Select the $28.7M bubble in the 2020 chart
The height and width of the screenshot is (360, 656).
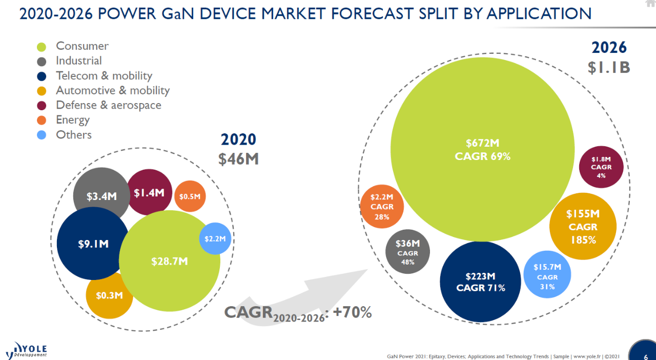tap(170, 262)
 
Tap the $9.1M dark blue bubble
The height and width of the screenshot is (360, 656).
tap(92, 244)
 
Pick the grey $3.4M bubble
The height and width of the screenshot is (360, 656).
tap(100, 195)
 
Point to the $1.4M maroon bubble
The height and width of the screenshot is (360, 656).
tap(149, 192)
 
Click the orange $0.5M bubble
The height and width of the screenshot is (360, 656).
tap(190, 196)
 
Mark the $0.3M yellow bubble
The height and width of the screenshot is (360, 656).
tap(109, 295)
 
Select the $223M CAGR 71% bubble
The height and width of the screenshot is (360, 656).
tap(481, 282)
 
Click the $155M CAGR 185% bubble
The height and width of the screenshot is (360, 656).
tap(582, 226)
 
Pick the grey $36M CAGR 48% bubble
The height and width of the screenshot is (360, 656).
tap(407, 251)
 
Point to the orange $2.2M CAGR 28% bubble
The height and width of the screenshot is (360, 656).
tap(382, 207)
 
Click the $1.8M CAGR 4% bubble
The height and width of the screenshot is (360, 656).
tap(601, 167)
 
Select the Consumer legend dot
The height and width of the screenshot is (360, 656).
tap(42, 47)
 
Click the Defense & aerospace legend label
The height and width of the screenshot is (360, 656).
tap(109, 105)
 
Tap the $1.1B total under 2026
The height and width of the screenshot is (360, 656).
tap(609, 67)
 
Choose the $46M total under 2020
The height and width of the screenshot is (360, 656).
tap(238, 159)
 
